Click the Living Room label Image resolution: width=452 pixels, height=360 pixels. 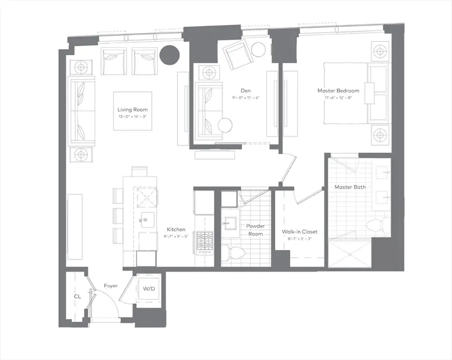[133, 109]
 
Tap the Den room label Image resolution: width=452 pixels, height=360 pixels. [245, 91]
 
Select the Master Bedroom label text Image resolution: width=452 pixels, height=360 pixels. [338, 91]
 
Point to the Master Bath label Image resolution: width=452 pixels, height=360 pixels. [350, 187]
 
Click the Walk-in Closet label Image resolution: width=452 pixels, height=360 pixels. [299, 232]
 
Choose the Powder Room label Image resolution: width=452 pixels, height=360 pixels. [255, 230]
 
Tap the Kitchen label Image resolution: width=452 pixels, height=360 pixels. [176, 229]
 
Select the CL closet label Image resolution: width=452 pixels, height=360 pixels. [77, 297]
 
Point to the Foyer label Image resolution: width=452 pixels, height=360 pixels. [110, 286]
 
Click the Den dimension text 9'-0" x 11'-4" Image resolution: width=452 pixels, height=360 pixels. [246, 98]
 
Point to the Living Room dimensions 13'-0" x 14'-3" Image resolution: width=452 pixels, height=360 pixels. [133, 116]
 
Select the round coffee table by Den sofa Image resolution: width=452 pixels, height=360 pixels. [224, 125]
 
